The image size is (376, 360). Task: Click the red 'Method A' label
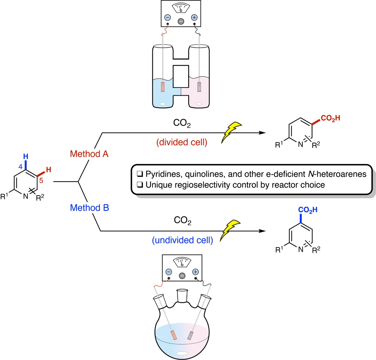[89, 154]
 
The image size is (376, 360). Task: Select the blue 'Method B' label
[90, 208]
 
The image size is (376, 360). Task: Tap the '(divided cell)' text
[182, 142]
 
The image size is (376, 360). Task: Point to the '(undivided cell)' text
[182, 240]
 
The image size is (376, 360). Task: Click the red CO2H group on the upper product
[330, 118]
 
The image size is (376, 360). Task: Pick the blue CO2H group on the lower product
[308, 210]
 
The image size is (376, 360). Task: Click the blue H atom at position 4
[26, 156]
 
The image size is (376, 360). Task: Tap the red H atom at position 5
[49, 170]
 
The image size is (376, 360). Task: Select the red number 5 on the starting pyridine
[41, 181]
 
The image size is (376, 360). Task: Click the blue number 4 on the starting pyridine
[20, 167]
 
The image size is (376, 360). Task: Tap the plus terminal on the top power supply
[194, 18]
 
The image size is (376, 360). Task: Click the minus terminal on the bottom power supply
[169, 272]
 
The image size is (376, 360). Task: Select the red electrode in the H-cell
[163, 87]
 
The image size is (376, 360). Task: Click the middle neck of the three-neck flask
[182, 295]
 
